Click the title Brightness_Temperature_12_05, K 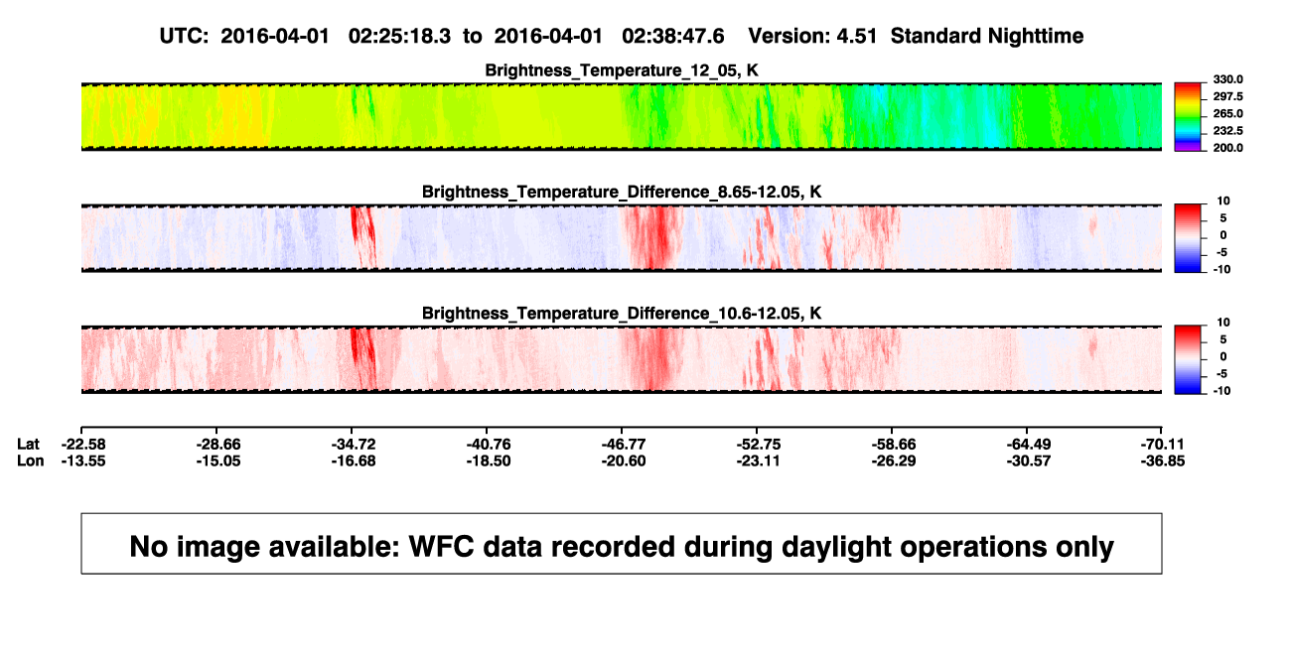622,70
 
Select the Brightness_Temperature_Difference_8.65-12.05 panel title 622,192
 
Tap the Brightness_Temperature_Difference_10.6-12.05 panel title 622,314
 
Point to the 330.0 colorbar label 1227,79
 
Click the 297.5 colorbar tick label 1227,96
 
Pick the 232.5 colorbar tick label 1227,131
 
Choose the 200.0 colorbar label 1227,148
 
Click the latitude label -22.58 83,445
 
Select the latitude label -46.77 624,445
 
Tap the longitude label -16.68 354,461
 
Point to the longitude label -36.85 1163,461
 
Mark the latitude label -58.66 894,445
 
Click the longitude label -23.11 758,461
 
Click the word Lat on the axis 28,445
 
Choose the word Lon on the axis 31,461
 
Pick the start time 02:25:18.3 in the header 399,37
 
